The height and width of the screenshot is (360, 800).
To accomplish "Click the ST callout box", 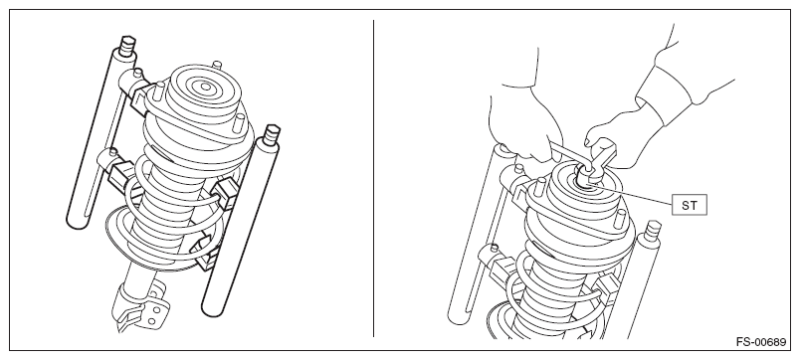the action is [x=689, y=206].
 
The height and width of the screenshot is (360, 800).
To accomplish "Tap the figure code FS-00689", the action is [x=761, y=342].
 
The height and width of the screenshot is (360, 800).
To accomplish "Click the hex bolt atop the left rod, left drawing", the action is [x=127, y=46].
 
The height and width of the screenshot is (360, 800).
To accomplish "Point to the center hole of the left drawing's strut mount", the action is [x=206, y=88].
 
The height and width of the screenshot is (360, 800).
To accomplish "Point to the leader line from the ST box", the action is [x=631, y=196].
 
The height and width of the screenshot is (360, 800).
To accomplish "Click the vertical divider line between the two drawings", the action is [x=373, y=178].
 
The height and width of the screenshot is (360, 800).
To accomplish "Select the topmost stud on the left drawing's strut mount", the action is [x=217, y=66].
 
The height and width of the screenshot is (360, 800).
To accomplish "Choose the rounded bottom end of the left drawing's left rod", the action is [x=77, y=221].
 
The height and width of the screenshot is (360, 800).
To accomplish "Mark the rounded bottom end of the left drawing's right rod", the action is [x=212, y=307].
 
